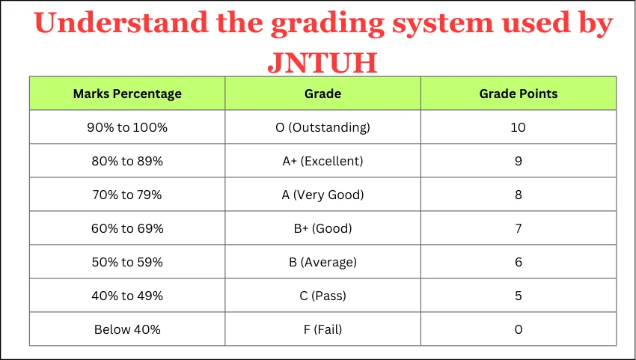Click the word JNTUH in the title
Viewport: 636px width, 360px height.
point(322,63)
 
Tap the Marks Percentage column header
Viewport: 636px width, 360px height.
point(127,94)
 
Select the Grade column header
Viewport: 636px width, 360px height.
point(323,94)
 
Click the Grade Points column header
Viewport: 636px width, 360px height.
point(519,94)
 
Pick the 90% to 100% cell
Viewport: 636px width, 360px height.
point(127,127)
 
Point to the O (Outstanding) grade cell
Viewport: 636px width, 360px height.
point(323,127)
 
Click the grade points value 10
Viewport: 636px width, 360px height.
point(519,127)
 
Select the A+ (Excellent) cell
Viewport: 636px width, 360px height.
point(323,161)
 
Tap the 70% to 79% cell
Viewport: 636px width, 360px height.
point(127,195)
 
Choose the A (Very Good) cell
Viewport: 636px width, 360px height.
point(323,195)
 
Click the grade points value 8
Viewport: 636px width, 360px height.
point(519,195)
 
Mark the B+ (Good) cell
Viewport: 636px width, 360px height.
point(323,228)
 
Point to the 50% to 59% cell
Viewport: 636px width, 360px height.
point(127,262)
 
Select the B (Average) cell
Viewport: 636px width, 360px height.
point(323,262)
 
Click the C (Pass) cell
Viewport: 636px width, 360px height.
point(323,296)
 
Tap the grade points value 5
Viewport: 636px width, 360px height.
point(519,296)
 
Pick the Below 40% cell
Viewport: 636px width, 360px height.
point(127,329)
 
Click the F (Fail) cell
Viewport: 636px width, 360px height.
point(323,329)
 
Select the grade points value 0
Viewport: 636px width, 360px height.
point(519,329)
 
